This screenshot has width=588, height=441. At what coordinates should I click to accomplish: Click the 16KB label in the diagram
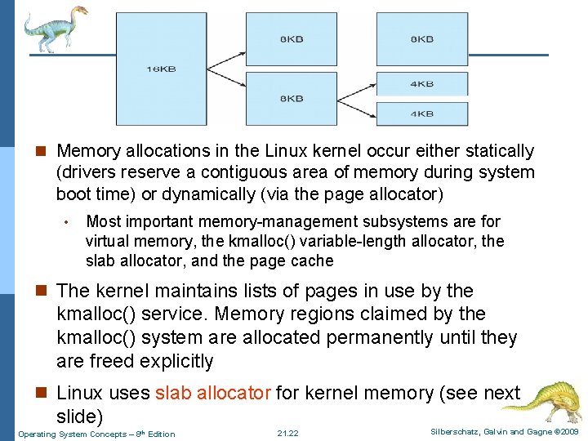click(x=161, y=69)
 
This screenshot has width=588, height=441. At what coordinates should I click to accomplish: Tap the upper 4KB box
click(x=421, y=83)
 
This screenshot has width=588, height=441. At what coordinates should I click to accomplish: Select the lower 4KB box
click(x=421, y=113)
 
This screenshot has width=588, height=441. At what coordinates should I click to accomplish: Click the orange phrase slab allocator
click(x=212, y=393)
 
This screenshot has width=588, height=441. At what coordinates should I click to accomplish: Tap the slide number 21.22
click(x=288, y=433)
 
